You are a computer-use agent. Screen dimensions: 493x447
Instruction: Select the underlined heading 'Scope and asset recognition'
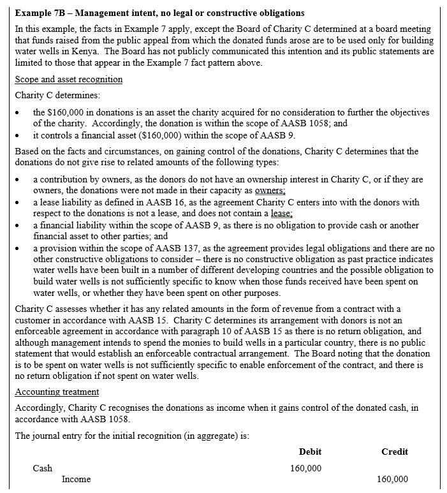tap(68, 79)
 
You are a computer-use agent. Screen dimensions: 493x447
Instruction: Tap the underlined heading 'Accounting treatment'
tap(57, 392)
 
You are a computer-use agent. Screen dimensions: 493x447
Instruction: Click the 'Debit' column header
tap(310, 452)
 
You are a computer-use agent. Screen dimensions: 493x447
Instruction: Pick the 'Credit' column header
tap(394, 452)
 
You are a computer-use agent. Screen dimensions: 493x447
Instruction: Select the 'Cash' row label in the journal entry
tap(43, 468)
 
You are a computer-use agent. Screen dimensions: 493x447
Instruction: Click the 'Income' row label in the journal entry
tap(76, 479)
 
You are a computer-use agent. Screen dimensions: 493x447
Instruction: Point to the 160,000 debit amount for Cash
tap(306, 468)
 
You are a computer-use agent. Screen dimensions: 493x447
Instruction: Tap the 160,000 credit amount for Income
tap(393, 479)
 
